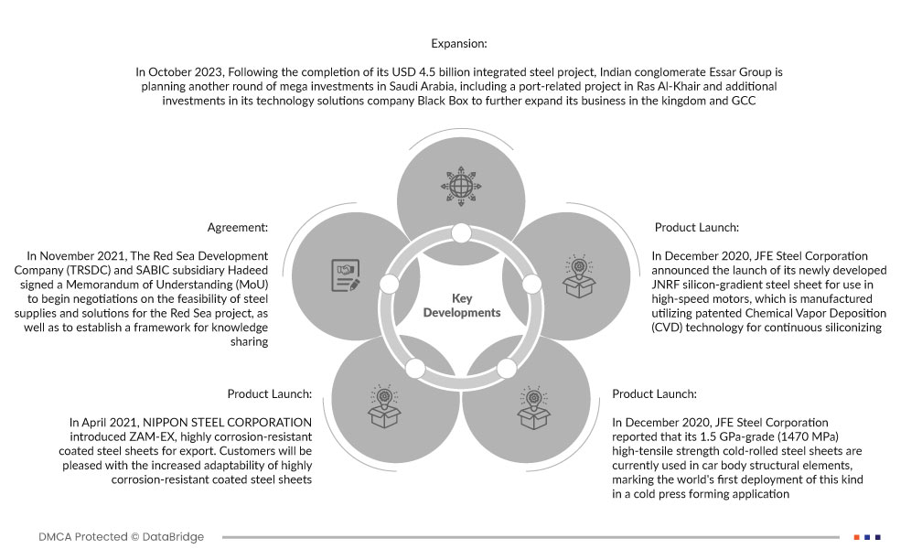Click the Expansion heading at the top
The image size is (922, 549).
click(459, 43)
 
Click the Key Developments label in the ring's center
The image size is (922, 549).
click(462, 306)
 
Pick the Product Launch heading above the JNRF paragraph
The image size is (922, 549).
click(696, 228)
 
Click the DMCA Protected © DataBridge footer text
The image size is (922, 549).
click(122, 536)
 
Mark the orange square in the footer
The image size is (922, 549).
click(856, 536)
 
